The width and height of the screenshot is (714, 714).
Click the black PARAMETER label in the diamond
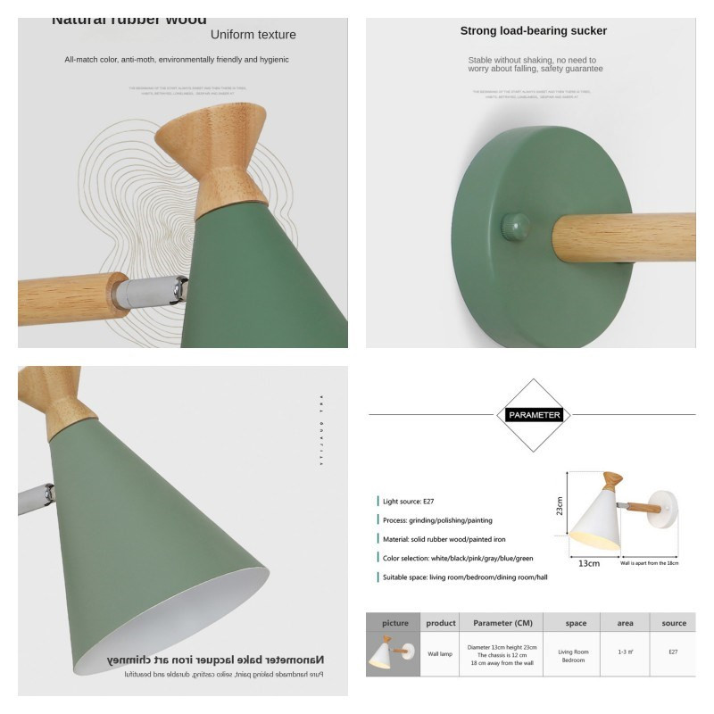click(x=534, y=415)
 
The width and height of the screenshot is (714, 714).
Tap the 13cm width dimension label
click(x=587, y=563)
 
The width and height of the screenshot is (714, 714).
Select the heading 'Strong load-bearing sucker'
click(x=533, y=31)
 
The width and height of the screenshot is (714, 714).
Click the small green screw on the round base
click(x=515, y=224)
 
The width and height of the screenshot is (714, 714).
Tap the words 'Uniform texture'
click(x=253, y=35)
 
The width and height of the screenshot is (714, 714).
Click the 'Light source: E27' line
click(x=410, y=502)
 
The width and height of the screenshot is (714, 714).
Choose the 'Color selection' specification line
click(x=458, y=558)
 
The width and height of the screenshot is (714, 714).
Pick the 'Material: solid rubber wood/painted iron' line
click(x=444, y=539)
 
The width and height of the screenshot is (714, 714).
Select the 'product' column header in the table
click(x=441, y=623)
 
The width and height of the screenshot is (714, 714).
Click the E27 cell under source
click(x=673, y=652)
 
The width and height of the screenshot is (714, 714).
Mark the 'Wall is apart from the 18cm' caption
click(x=649, y=563)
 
